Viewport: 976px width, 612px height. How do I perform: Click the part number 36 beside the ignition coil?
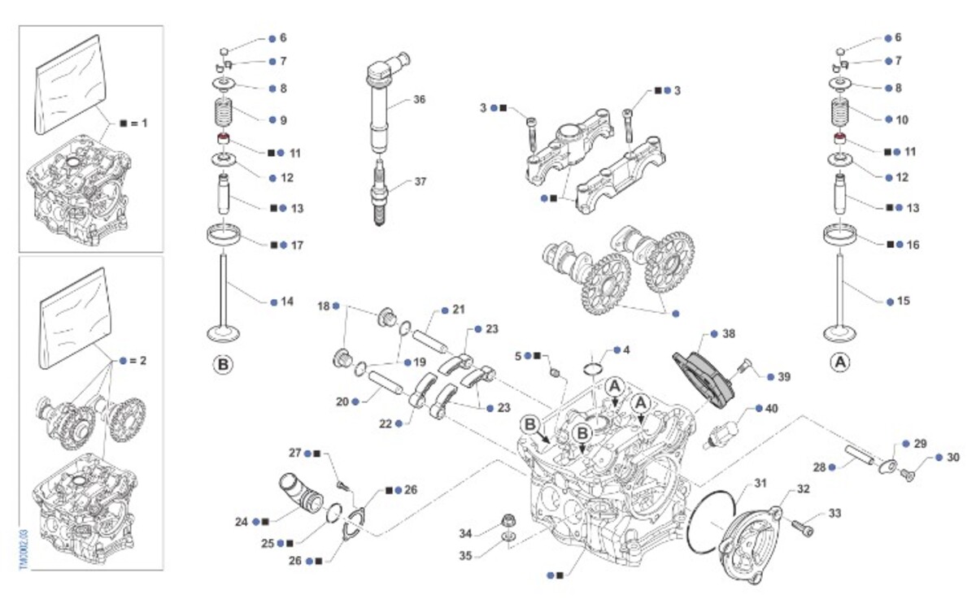(419, 99)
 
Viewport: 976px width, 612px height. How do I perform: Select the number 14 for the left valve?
(287, 302)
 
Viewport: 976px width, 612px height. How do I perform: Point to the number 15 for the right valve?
(904, 301)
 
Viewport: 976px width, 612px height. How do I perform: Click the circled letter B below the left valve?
(222, 365)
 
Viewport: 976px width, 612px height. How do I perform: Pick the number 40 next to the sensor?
(772, 408)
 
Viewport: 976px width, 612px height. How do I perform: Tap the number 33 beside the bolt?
(835, 514)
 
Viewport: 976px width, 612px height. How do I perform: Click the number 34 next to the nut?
(465, 533)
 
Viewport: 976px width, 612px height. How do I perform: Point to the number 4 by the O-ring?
(625, 350)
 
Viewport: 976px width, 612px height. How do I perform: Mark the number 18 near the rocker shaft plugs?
(323, 306)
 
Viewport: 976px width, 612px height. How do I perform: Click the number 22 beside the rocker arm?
(385, 423)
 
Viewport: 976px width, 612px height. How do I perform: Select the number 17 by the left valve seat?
(297, 244)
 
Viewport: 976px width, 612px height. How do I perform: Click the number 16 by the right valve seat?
(913, 244)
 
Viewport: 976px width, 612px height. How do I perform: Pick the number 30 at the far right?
(953, 458)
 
